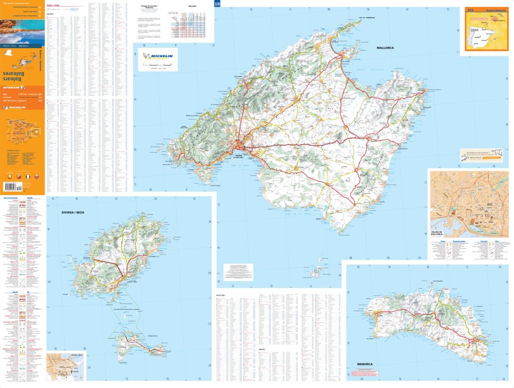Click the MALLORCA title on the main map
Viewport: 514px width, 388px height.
[385, 48]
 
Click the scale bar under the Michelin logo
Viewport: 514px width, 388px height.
[158, 65]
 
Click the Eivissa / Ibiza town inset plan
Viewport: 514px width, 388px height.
[66, 366]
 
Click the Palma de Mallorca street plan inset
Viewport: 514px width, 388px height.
[470, 203]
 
